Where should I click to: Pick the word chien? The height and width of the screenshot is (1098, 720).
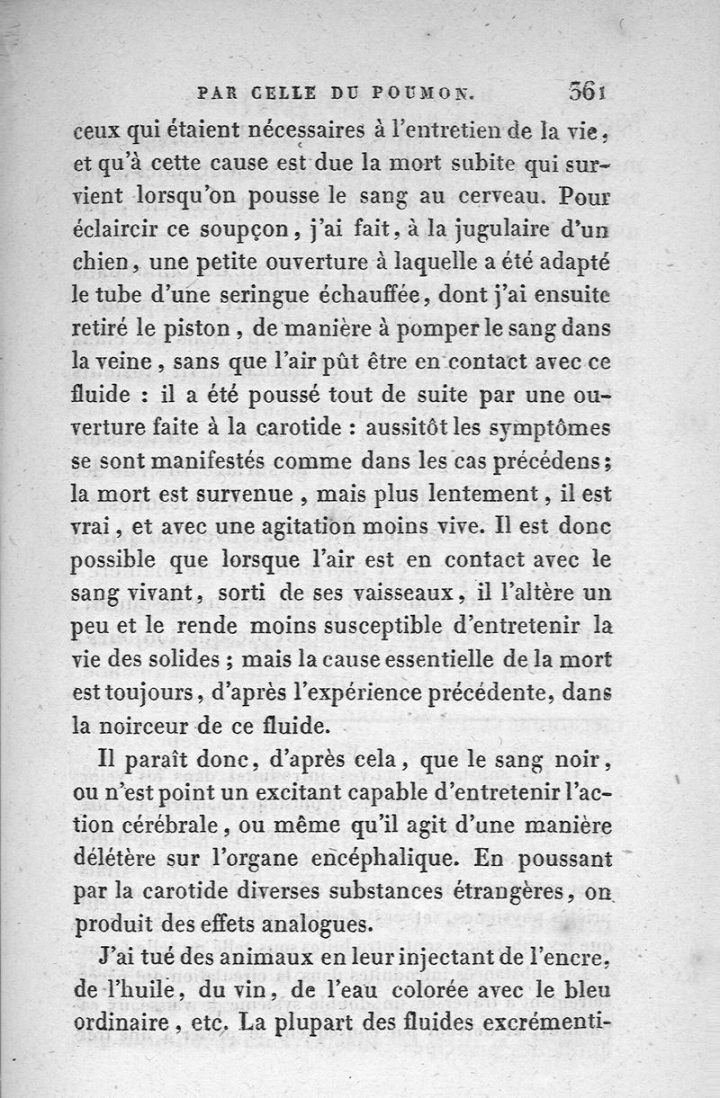[x=103, y=263]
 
